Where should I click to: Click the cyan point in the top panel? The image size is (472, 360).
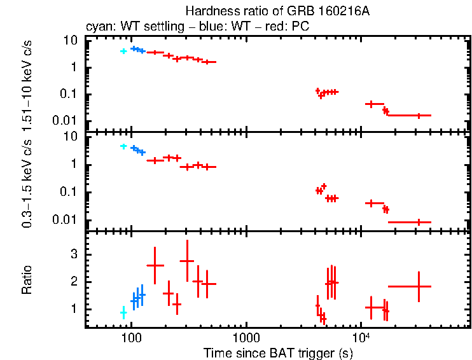coord(123,51)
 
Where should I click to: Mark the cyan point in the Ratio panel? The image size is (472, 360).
coord(123,313)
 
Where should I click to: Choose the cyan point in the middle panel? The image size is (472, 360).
coord(123,146)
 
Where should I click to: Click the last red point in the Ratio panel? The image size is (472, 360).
coord(419,286)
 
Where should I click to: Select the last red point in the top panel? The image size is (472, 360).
coord(419,115)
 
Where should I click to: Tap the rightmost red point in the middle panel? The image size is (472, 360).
coord(419,222)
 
